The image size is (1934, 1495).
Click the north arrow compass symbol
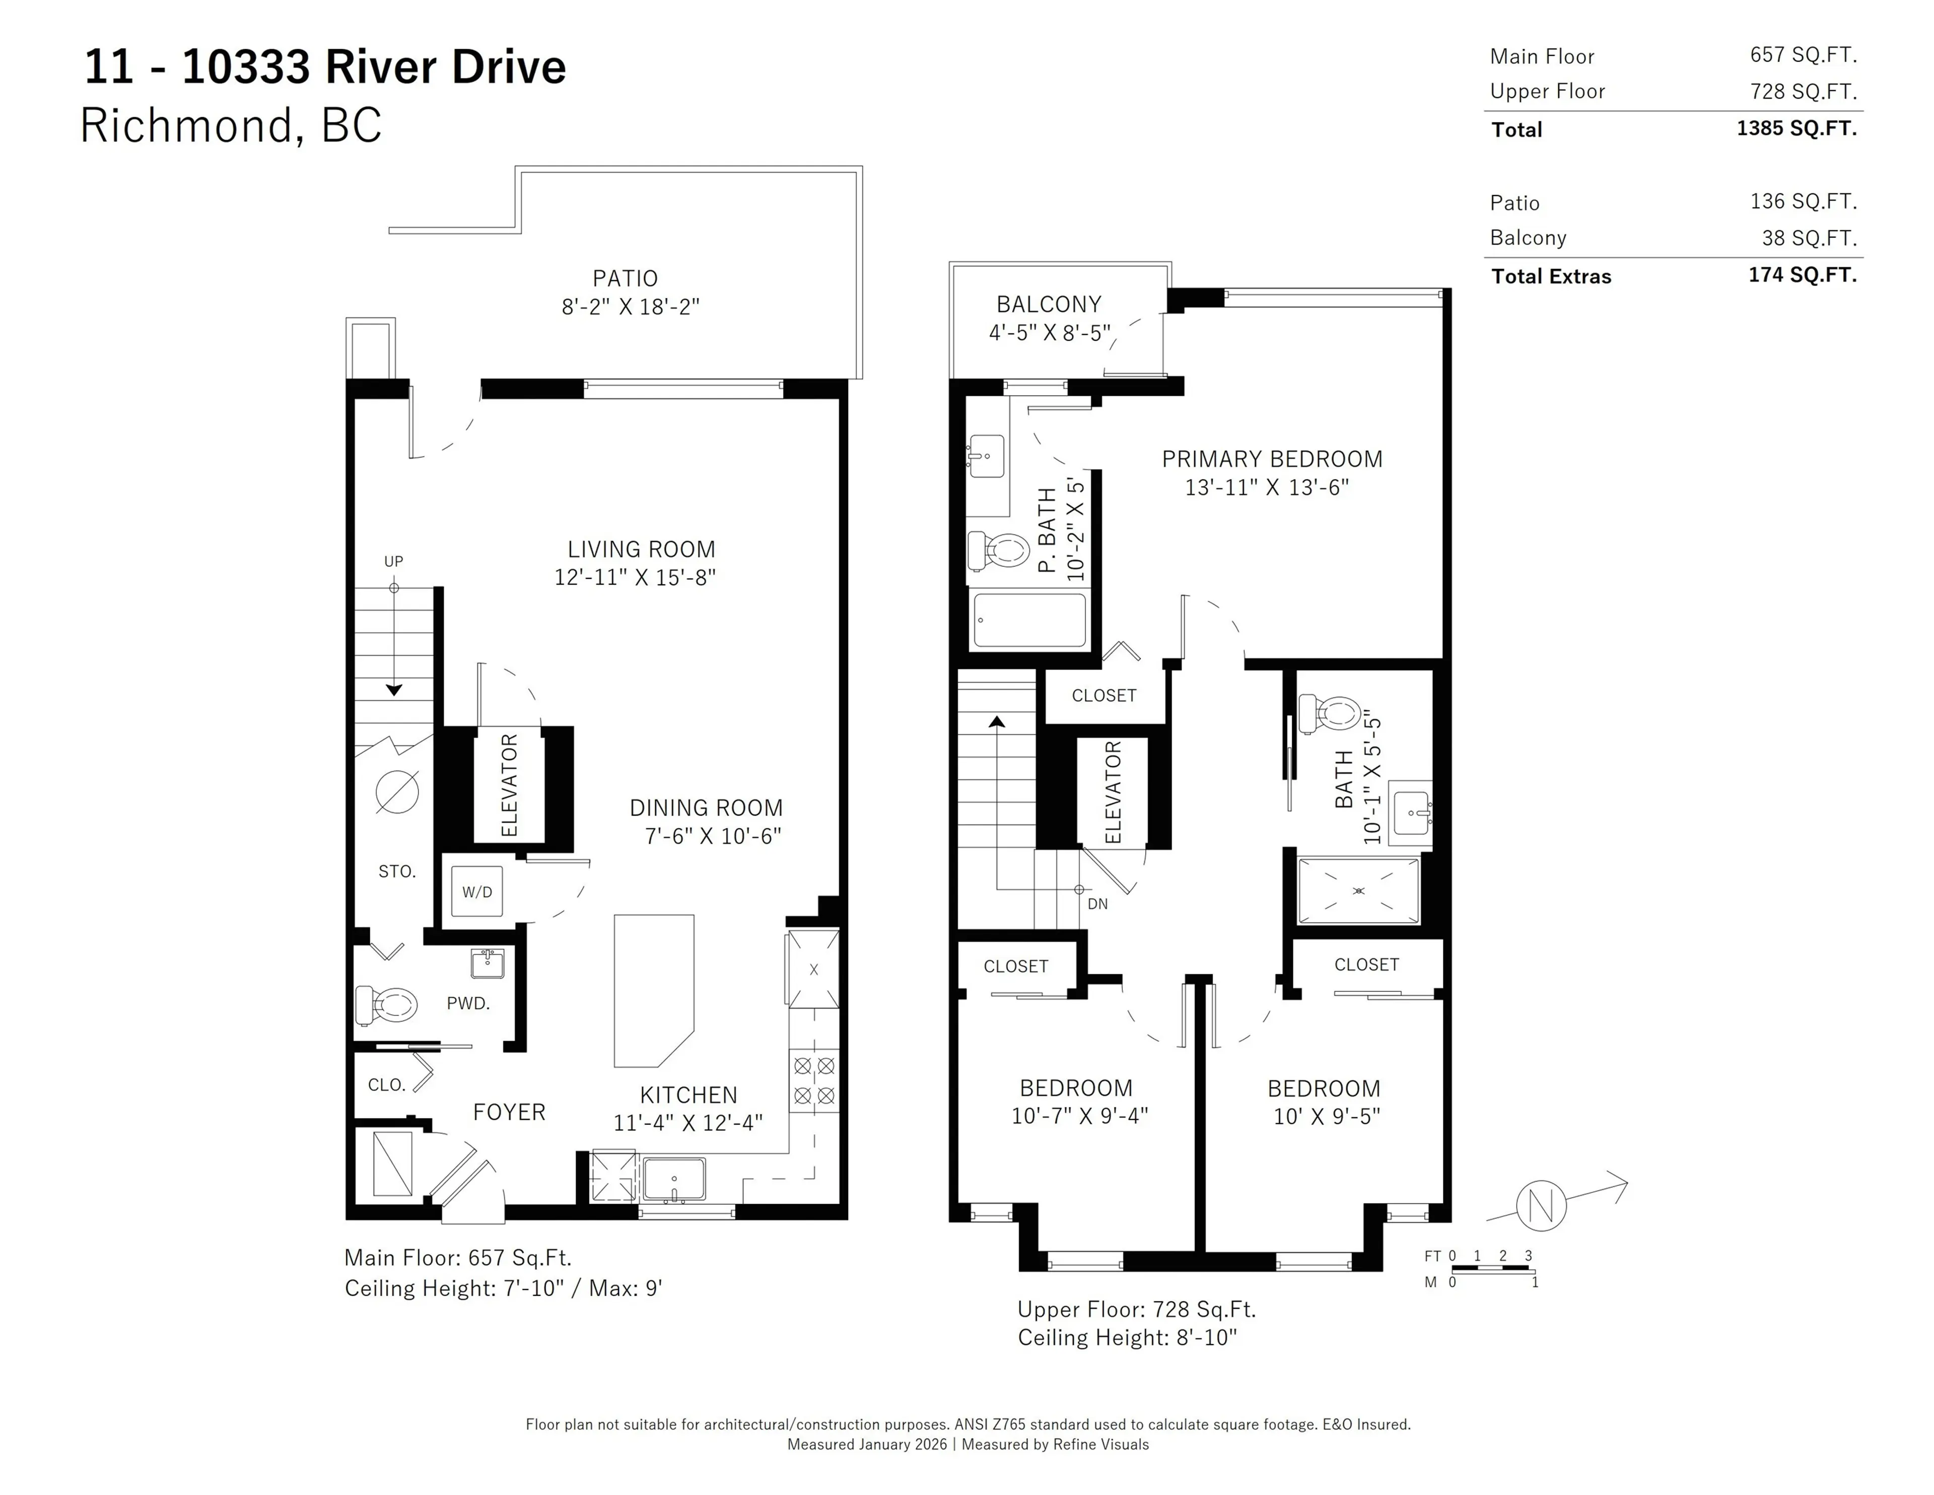[1541, 1205]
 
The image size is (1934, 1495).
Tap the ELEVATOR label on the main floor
[509, 785]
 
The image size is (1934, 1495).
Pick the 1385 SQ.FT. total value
[1796, 128]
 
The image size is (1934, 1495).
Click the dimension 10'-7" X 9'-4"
[1079, 1116]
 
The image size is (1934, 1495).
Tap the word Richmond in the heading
[186, 125]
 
